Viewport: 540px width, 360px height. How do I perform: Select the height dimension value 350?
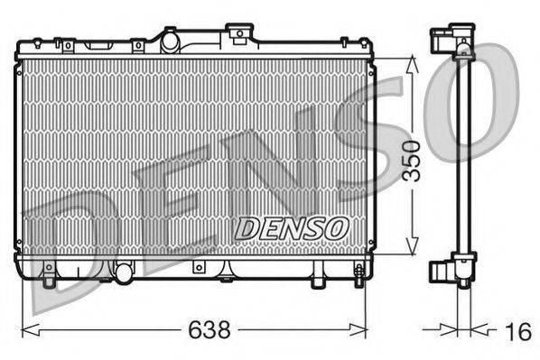[412, 161]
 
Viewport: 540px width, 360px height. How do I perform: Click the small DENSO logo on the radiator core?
[290, 229]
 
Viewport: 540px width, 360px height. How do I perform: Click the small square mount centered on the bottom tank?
[197, 268]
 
